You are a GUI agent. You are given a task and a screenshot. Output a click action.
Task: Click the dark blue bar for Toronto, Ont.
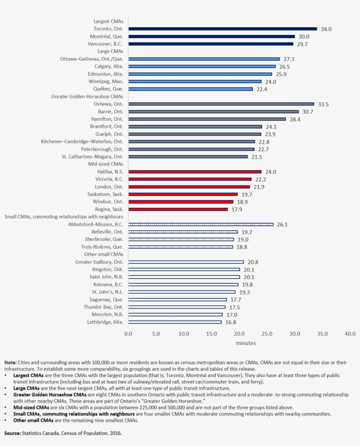click(x=222, y=29)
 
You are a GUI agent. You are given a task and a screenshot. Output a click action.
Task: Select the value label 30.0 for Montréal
click(x=304, y=36)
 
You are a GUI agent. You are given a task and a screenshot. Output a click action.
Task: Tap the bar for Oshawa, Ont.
click(x=221, y=104)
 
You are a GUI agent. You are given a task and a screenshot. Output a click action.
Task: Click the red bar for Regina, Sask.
click(x=178, y=210)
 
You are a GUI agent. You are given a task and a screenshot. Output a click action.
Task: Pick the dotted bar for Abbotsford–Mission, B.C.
click(x=201, y=225)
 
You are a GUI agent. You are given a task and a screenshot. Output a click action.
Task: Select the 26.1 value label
click(x=282, y=225)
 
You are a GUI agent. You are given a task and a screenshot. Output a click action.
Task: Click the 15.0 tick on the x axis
click(x=211, y=334)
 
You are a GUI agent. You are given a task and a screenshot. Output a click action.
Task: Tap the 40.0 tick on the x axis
click(x=350, y=334)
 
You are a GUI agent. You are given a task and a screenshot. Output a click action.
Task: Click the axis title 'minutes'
click(x=246, y=343)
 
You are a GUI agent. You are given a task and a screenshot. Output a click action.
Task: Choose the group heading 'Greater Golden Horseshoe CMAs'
click(x=87, y=96)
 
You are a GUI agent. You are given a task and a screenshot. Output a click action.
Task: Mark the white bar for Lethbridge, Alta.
click(x=175, y=322)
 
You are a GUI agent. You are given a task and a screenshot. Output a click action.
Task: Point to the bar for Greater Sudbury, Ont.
click(x=186, y=262)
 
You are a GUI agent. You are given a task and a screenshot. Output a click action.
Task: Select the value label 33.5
click(x=324, y=104)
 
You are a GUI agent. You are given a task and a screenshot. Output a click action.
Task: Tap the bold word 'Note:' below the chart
click(x=11, y=363)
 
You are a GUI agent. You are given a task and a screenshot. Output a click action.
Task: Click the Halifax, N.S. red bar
click(x=194, y=172)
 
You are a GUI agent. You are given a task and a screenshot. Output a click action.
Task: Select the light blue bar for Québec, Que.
click(x=190, y=89)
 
